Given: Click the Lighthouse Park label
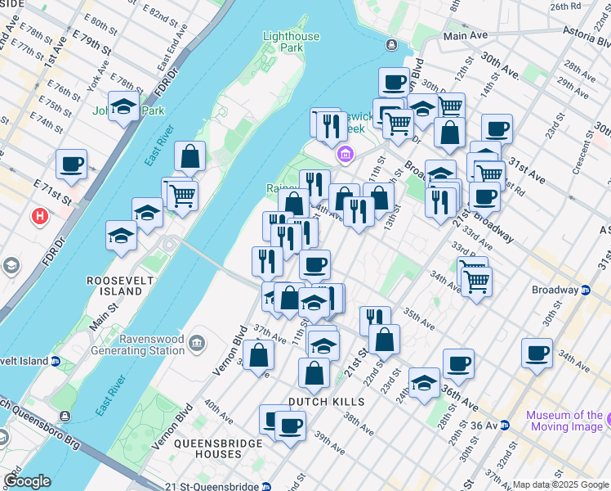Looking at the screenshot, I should pos(292,43).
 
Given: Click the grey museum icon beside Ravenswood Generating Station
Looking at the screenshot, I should pos(198,343).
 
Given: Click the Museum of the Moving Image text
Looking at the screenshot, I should pos(564,421).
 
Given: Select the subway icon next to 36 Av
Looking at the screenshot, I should pos(505,425).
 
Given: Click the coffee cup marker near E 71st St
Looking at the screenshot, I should pos(72,164).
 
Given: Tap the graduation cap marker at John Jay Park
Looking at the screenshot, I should pos(124,106).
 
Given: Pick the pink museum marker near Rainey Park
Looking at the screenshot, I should pos(345,154).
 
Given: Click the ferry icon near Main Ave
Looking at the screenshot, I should pos(393,44).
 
